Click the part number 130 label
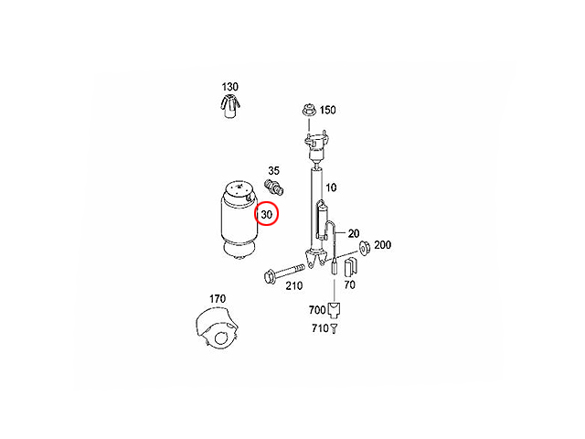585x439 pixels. click(x=229, y=87)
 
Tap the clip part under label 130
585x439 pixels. click(x=229, y=106)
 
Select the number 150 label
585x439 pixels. click(x=328, y=110)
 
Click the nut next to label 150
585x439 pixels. click(x=309, y=110)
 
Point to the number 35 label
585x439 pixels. click(x=274, y=171)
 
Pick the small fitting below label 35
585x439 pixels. click(x=274, y=187)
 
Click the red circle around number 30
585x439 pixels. click(x=266, y=214)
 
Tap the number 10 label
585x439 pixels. click(x=331, y=187)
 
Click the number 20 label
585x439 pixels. click(x=354, y=234)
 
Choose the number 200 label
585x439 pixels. click(x=382, y=245)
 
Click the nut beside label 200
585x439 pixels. click(x=364, y=248)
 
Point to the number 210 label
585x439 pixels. click(x=294, y=286)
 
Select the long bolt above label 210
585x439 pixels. click(x=284, y=273)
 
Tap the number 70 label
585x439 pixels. click(x=349, y=284)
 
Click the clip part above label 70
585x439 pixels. click(x=350, y=265)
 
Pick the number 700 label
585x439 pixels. click(x=317, y=310)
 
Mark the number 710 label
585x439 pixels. click(x=320, y=328)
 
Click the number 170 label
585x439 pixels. click(x=218, y=299)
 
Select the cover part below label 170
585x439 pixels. click(x=216, y=327)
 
